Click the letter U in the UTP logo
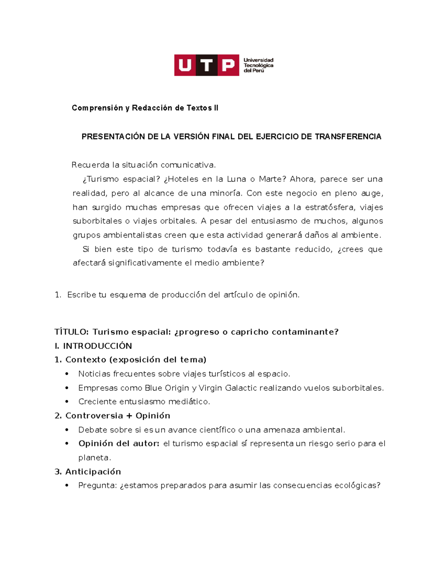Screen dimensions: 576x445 [185, 65]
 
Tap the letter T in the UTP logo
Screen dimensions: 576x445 [207, 65]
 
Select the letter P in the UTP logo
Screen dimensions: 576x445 [228, 65]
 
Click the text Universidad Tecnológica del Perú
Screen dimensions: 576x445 [258, 65]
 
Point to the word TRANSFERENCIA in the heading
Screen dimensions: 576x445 [348, 136]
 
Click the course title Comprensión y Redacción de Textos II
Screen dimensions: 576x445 [145, 108]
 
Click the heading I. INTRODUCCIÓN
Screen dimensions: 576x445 [93, 346]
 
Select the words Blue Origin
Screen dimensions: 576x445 [167, 388]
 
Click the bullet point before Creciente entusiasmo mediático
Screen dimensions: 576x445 [67, 402]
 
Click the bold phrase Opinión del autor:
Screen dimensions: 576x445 [119, 444]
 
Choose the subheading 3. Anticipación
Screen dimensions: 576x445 [88, 472]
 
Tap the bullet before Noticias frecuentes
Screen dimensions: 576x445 [67, 374]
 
